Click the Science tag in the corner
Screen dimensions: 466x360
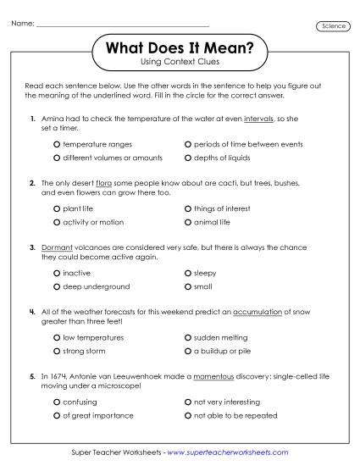(333, 26)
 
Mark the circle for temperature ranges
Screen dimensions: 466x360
(56, 145)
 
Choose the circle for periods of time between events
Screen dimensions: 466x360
(187, 145)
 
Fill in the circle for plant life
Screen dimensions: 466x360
(56, 208)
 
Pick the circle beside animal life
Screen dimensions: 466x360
(187, 222)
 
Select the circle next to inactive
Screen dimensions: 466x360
(56, 273)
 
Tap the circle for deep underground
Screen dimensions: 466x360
(56, 286)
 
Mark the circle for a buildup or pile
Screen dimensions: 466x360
(187, 351)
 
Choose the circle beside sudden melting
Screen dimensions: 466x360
(187, 337)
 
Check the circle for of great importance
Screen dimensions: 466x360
(56, 415)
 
